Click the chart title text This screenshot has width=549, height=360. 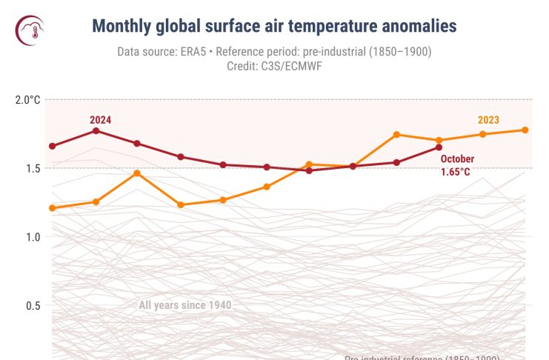(x=274, y=27)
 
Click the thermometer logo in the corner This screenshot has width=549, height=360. (x=30, y=29)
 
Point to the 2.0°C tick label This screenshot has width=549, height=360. (x=28, y=99)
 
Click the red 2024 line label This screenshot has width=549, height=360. (x=101, y=119)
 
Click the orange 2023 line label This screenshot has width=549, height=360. (x=488, y=120)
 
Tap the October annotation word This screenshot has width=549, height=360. (x=457, y=159)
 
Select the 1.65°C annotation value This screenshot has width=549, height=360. (x=455, y=172)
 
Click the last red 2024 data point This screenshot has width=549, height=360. (x=439, y=147)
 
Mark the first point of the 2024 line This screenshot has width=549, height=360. (x=53, y=146)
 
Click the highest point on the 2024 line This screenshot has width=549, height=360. (x=96, y=131)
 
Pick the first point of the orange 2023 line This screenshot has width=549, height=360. (x=53, y=208)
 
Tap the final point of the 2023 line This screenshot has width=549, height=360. (x=525, y=130)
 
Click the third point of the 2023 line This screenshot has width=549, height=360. (x=138, y=173)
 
